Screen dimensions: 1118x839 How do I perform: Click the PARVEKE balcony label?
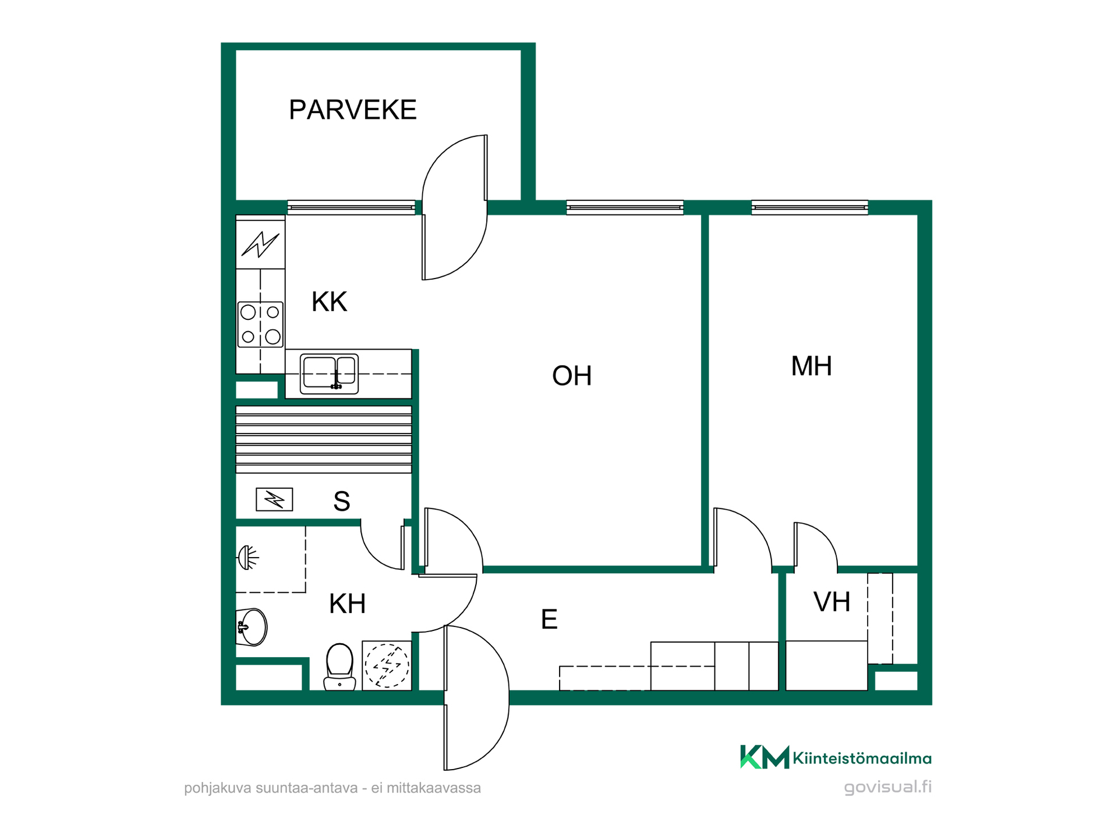point(352,110)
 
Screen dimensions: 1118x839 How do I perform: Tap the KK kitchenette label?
point(329,302)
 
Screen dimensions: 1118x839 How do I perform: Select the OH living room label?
point(572,376)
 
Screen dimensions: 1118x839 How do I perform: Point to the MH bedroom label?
point(811,366)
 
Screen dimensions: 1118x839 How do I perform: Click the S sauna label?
point(342,501)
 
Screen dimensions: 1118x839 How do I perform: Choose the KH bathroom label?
point(347,604)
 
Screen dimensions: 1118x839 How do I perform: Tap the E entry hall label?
point(549,619)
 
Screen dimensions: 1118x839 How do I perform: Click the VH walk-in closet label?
point(832,602)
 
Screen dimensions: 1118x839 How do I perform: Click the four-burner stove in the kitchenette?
point(260,325)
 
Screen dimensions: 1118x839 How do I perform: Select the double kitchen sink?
point(329,373)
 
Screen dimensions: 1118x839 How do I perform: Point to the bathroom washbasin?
point(252,628)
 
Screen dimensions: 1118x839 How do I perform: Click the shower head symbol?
point(247,558)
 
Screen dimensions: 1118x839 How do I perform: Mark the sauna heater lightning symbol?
point(274,499)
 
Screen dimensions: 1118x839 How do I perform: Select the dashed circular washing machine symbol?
point(387,666)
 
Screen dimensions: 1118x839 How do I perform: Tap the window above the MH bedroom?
point(809,207)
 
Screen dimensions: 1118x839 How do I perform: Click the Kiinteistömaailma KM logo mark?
point(765,757)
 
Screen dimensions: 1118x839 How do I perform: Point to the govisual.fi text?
point(888,787)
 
